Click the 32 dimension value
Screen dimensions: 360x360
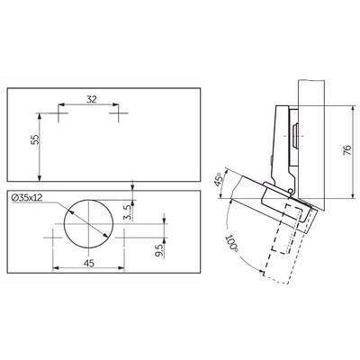point(92,99)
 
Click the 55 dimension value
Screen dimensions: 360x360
point(35,139)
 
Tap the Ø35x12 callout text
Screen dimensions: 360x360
point(27,197)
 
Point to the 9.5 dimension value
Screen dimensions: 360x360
point(159,250)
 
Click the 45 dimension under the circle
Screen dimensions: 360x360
point(89,263)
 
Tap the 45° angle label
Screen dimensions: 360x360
point(219,179)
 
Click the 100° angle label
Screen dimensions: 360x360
point(231,244)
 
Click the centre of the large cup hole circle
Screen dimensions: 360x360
point(88,224)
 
